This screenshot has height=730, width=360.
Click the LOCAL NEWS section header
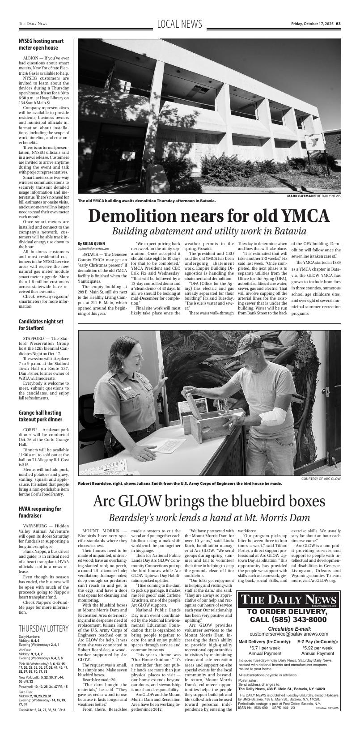180,24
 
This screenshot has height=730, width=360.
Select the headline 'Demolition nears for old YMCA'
209,216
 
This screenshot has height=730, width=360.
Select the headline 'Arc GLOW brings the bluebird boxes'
209,501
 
